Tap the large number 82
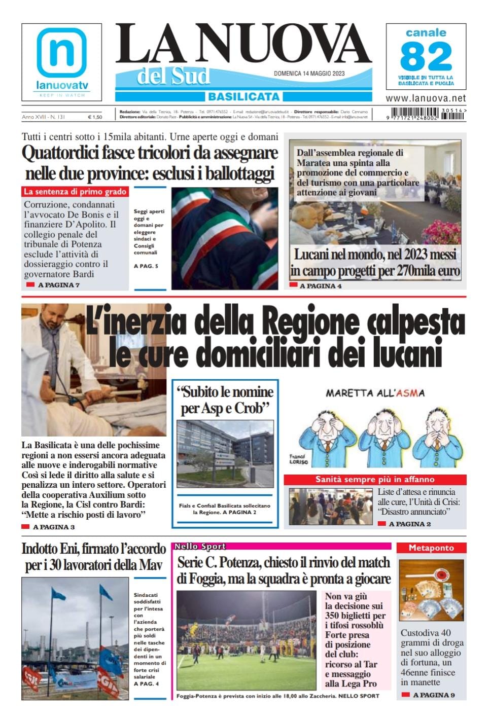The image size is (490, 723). pos(426,56)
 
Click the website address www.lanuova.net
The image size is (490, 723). pos(426,98)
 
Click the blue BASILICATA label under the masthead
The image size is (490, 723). pos(243,96)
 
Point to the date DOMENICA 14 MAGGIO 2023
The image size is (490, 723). pos(309,74)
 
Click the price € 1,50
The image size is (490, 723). pos(94,117)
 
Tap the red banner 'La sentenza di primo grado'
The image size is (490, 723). pos(75,192)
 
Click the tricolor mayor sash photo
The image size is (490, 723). pos(225,238)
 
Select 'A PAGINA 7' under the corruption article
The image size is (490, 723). pos(59,285)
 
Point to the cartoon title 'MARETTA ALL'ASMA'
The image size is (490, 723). pos(375,393)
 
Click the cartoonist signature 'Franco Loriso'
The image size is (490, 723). pos(298,459)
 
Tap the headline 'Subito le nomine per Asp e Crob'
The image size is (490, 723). pos(225,400)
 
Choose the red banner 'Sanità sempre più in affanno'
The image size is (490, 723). pos(375,479)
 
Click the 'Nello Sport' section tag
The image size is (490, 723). pos(200,547)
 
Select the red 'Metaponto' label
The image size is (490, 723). pos(431,548)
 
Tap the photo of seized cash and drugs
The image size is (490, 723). pos(431,590)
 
